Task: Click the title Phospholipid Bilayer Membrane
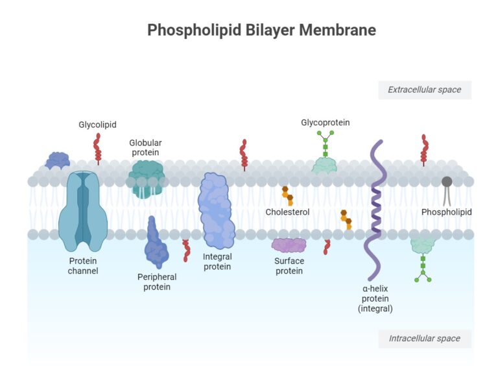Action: click(x=261, y=30)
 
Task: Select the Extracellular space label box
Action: click(x=424, y=90)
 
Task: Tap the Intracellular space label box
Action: click(x=424, y=338)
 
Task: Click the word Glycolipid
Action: click(x=97, y=125)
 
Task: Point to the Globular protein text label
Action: click(x=145, y=147)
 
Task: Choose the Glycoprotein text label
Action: click(x=325, y=122)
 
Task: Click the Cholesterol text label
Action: click(x=287, y=212)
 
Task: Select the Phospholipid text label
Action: click(x=446, y=212)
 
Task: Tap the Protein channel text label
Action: click(x=83, y=266)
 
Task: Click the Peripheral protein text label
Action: click(x=157, y=282)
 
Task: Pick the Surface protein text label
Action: click(x=289, y=266)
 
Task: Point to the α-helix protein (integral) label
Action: click(x=375, y=298)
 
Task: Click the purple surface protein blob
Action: click(x=289, y=245)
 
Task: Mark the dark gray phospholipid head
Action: click(x=447, y=182)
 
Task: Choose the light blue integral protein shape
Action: click(x=216, y=211)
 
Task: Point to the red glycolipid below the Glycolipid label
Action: click(x=98, y=148)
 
